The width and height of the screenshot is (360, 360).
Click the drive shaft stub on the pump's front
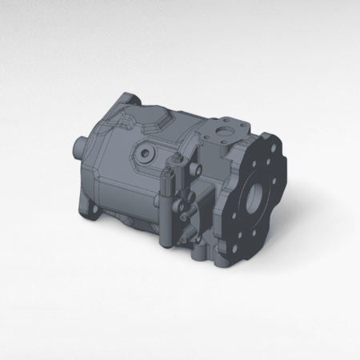click(x=79, y=146)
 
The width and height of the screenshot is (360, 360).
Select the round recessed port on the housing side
click(x=146, y=152)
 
